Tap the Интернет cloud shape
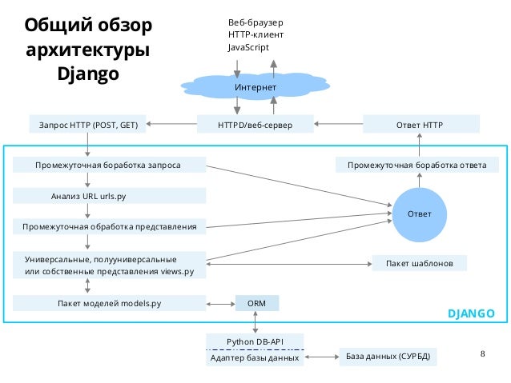[255, 86]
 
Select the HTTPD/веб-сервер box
[255, 125]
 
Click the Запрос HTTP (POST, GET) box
[88, 125]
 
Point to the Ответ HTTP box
[420, 125]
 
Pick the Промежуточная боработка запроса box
[109, 166]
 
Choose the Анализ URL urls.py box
[109, 195]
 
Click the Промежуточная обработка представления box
[109, 227]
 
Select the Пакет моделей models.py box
[109, 304]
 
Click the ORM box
[256, 304]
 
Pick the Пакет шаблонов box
[420, 263]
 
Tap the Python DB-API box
[255, 341]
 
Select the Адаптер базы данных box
[255, 358]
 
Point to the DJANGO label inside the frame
[470, 313]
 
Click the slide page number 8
[482, 353]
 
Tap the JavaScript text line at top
[248, 48]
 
